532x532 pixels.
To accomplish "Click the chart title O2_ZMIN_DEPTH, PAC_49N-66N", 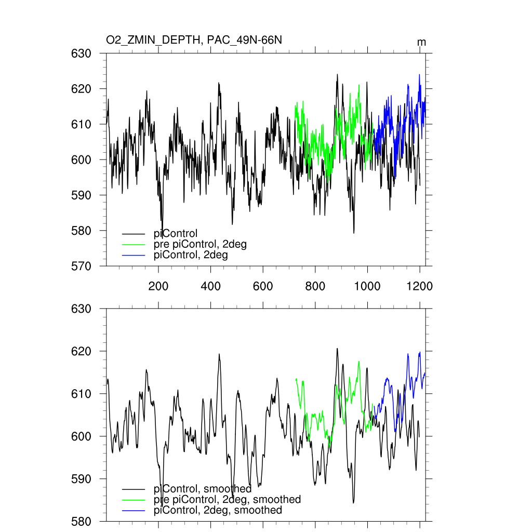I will [x=194, y=41].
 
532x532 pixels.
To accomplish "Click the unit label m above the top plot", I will [x=422, y=42].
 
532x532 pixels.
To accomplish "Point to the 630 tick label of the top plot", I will [x=81, y=54].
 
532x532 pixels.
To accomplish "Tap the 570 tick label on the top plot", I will [x=81, y=266].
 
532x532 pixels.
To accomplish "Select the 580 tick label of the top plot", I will [x=81, y=231].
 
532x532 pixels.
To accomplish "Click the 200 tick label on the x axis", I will [x=158, y=286].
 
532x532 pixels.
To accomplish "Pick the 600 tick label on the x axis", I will [x=263, y=286].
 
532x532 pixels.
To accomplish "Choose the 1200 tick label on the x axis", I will [x=420, y=286].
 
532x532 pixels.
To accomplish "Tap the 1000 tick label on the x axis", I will [x=367, y=286].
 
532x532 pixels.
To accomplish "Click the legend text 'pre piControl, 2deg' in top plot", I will [x=201, y=245].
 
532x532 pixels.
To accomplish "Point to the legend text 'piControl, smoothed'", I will [x=203, y=489].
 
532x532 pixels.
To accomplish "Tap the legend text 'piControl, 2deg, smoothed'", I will [x=218, y=510].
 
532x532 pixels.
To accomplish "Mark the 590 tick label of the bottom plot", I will [x=81, y=479].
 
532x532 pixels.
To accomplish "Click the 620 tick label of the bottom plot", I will [x=81, y=352].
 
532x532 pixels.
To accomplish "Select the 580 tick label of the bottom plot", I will [x=81, y=521].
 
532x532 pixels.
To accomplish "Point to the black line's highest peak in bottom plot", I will [x=337, y=349].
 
